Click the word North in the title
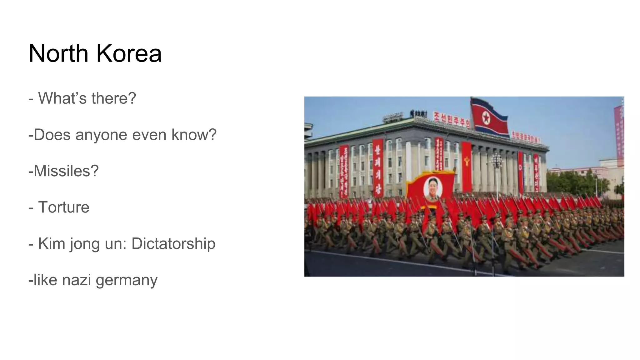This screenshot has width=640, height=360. pos(58,53)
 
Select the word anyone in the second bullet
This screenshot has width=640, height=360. pos(97,135)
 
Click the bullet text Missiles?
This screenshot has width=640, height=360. pos(64,171)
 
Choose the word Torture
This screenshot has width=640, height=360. pos(64,207)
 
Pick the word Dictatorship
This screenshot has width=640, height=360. pos(173,243)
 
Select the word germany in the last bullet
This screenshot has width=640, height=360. pos(127,280)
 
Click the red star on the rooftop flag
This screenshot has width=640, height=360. pos(486,118)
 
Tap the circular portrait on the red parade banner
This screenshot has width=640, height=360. pos(433,189)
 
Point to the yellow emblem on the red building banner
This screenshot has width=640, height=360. pos(467,162)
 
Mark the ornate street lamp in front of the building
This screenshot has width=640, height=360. pos(497,166)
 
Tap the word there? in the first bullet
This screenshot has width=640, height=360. pos(114,98)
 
